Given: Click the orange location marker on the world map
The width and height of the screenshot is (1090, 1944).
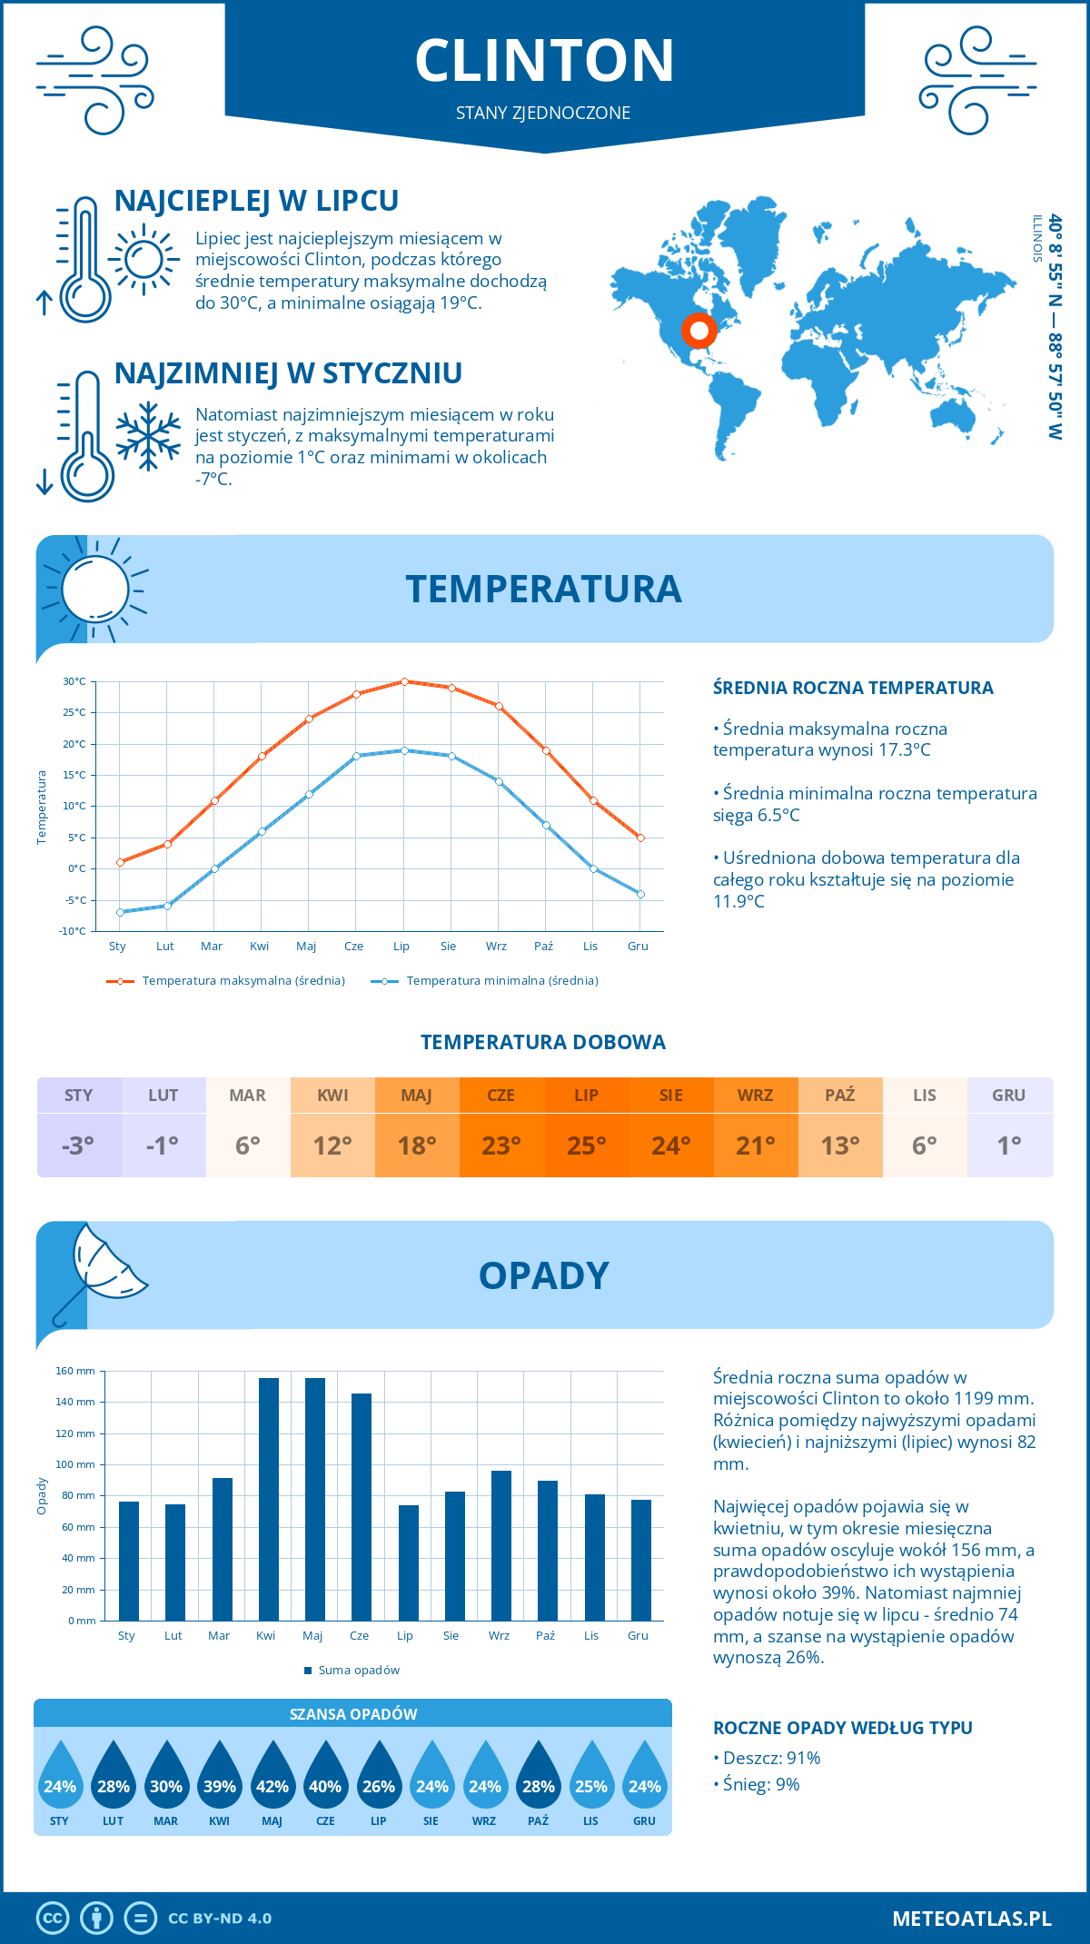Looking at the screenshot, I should [699, 330].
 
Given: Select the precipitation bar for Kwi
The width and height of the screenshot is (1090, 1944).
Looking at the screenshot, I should [269, 1499].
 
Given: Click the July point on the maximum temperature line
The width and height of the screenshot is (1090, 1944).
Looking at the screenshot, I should [404, 681].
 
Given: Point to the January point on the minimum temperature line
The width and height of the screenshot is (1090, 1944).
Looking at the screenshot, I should [120, 912].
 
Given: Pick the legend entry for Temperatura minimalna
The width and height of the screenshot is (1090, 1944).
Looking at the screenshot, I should [486, 981].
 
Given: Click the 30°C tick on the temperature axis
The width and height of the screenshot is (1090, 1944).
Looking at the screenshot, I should [74, 681].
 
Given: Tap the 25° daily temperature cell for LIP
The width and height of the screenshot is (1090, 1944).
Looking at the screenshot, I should [586, 1145].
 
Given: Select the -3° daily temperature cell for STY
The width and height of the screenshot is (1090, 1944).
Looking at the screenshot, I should [79, 1145].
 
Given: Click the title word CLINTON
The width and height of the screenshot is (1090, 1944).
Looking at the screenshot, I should [545, 61].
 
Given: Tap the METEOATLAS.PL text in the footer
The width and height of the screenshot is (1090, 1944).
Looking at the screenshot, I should [971, 1919].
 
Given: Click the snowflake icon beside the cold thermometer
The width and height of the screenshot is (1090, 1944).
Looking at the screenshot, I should [148, 436].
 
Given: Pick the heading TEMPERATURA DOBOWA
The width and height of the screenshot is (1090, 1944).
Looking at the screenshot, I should [543, 1043].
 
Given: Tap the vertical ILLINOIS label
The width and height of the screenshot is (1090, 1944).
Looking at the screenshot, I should [1037, 239].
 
